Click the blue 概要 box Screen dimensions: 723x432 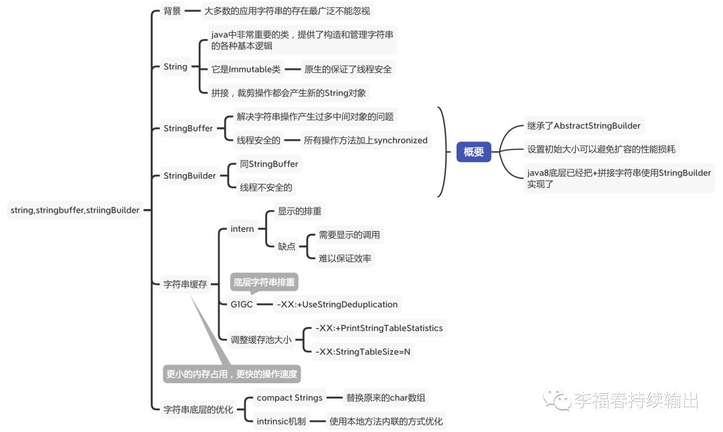click(473, 152)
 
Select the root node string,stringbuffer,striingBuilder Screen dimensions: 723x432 click(75, 210)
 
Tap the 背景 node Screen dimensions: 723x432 click(172, 11)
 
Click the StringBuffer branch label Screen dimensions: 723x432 click(188, 129)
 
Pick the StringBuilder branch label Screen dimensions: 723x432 click(189, 176)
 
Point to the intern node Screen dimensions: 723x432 click(242, 229)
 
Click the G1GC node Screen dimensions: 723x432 click(242, 304)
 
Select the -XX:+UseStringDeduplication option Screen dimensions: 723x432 click(337, 304)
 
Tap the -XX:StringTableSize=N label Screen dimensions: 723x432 click(363, 352)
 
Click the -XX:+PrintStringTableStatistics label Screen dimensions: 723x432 click(379, 328)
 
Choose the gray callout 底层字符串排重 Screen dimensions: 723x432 click(264, 282)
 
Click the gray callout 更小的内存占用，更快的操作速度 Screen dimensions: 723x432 click(232, 374)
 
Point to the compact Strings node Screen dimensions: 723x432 click(290, 398)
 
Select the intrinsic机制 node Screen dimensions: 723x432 click(281, 421)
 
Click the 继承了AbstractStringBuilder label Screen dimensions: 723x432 click(584, 125)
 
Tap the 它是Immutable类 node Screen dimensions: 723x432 click(246, 69)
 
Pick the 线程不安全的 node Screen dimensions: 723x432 click(266, 188)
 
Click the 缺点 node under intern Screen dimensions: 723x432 click(287, 246)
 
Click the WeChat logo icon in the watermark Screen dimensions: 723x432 click(557, 400)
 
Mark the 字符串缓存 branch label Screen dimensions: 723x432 click(185, 284)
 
